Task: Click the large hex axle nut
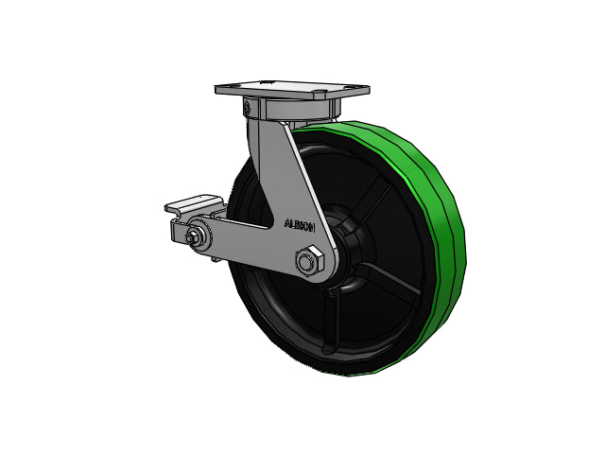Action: [309, 261]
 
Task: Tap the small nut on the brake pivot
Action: [192, 238]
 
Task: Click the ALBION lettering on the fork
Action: [300, 225]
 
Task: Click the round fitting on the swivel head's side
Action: [246, 107]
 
